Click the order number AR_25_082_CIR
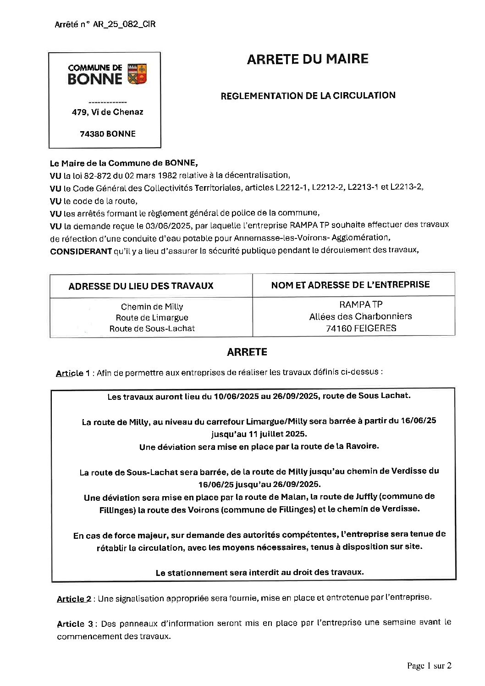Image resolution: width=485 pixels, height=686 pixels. click(x=124, y=25)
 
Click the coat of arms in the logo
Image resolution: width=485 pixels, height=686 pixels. click(x=137, y=74)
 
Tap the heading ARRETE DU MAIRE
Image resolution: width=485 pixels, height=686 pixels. click(x=308, y=59)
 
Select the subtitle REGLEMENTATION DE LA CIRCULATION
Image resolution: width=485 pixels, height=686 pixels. click(x=308, y=96)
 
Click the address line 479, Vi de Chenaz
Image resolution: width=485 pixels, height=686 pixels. click(x=107, y=112)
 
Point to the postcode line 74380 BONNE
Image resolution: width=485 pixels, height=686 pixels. click(x=108, y=134)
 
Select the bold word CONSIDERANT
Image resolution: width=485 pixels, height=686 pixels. click(x=81, y=251)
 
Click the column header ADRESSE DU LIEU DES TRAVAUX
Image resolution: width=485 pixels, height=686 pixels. click(x=141, y=286)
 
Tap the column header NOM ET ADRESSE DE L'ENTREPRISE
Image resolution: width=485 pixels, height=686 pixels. click(x=350, y=285)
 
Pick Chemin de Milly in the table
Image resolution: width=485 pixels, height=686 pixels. click(x=152, y=307)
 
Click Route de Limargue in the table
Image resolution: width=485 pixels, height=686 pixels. click(x=152, y=317)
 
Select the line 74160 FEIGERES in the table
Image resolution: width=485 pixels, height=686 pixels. click(x=361, y=328)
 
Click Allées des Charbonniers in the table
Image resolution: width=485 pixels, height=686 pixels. click(x=360, y=316)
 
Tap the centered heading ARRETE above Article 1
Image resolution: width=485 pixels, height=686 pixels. click(x=247, y=352)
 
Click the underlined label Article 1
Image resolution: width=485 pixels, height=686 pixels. click(x=70, y=373)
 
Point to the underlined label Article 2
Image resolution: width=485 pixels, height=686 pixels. click(x=74, y=599)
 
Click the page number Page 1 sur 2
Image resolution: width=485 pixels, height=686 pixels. click(x=429, y=666)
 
